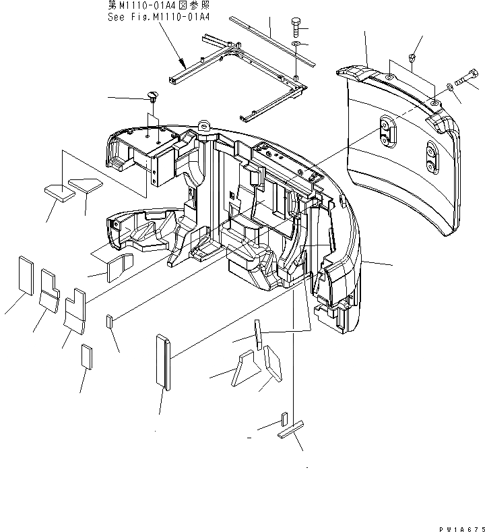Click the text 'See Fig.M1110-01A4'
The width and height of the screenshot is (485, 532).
point(158,18)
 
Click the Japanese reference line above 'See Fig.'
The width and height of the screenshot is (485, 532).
point(158,6)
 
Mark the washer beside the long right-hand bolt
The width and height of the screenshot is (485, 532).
point(449,88)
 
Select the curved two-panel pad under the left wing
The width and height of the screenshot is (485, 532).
point(118,267)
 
